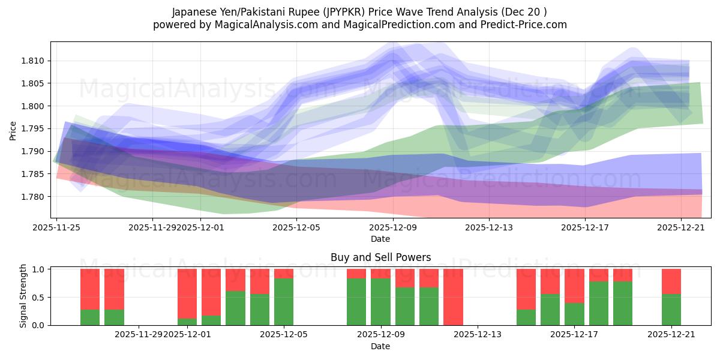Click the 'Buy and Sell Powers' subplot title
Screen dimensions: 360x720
pos(380,257)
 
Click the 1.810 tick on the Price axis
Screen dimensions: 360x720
pos(35,61)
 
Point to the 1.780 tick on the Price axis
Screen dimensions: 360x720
pos(35,197)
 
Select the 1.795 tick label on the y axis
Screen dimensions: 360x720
pos(35,129)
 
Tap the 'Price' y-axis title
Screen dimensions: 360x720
pos(13,130)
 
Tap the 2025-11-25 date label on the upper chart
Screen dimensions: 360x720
pos(56,227)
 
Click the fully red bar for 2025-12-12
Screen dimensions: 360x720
pos(453,297)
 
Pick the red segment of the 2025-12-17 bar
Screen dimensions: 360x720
pos(574,286)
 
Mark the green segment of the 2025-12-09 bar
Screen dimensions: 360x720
pos(380,302)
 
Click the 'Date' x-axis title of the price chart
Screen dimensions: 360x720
pos(380,239)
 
